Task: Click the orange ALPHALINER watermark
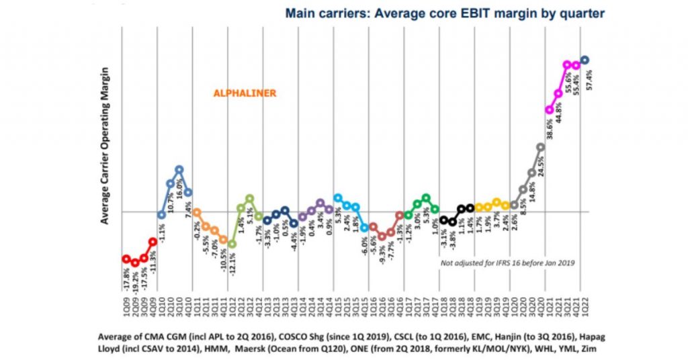point(245,93)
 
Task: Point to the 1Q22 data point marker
point(585,60)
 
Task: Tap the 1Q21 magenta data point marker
point(550,109)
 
